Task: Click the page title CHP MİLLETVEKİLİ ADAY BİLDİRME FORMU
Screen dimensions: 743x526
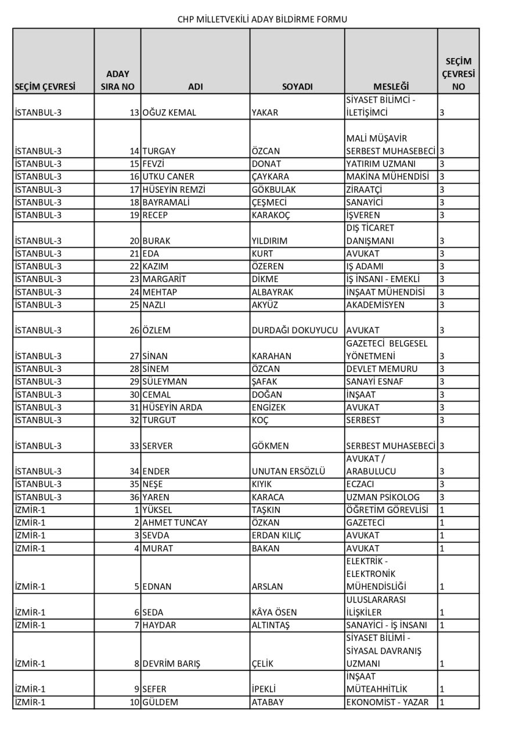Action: point(262,19)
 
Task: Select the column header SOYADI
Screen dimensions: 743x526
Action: point(297,86)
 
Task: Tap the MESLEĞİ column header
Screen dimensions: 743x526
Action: point(391,86)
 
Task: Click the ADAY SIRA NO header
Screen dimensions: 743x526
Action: point(118,80)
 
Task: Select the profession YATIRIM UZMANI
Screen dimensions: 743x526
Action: point(380,164)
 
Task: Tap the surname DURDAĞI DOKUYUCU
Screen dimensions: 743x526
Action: point(295,330)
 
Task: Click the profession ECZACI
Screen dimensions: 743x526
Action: point(363,484)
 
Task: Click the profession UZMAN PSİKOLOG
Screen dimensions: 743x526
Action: point(383,497)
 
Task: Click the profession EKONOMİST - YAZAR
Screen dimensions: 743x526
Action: point(387,702)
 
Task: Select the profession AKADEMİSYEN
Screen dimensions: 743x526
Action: point(376,305)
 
